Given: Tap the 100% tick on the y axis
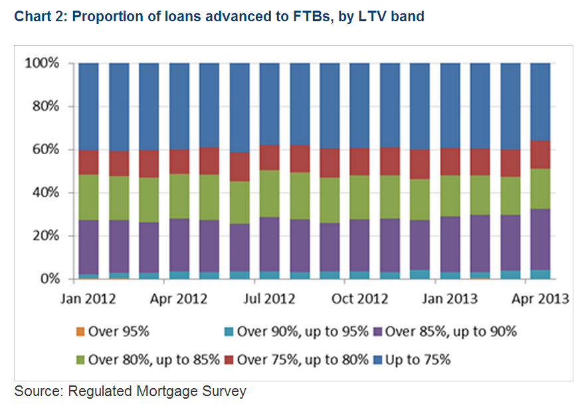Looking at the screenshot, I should [43, 63].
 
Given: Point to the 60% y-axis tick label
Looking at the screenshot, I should [47, 150].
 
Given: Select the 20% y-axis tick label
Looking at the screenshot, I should [47, 236].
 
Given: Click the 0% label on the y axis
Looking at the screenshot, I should [50, 278].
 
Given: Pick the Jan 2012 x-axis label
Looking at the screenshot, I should [88, 299].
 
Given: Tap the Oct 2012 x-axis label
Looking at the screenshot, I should [359, 299].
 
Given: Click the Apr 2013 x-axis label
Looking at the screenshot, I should [539, 299].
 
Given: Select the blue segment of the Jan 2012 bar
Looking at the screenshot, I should [88, 106].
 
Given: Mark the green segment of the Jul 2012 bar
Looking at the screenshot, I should [270, 193].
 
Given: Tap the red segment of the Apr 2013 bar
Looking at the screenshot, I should [539, 154].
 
